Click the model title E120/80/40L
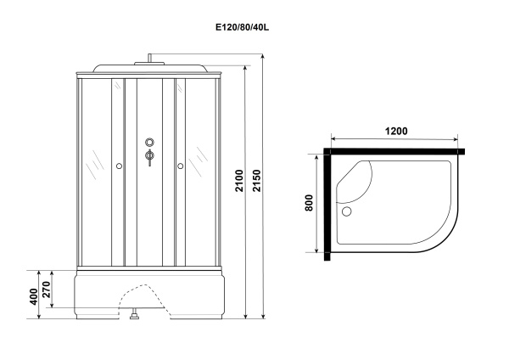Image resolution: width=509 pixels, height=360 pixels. pos(246,26)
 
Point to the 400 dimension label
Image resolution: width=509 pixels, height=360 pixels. pos(33,296)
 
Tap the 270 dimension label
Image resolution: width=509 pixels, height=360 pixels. pos(48,290)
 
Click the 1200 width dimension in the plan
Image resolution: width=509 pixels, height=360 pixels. pos(394,132)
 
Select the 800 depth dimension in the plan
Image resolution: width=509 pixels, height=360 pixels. pos(310,204)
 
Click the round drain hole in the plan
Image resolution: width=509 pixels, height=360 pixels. pos(345,211)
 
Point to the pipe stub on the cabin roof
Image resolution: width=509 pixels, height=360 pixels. pos(150,59)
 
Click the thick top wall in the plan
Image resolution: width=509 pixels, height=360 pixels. pos(394,154)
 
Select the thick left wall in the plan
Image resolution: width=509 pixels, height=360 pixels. pos(327,204)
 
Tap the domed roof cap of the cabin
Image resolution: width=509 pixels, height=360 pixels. pos(148,69)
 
